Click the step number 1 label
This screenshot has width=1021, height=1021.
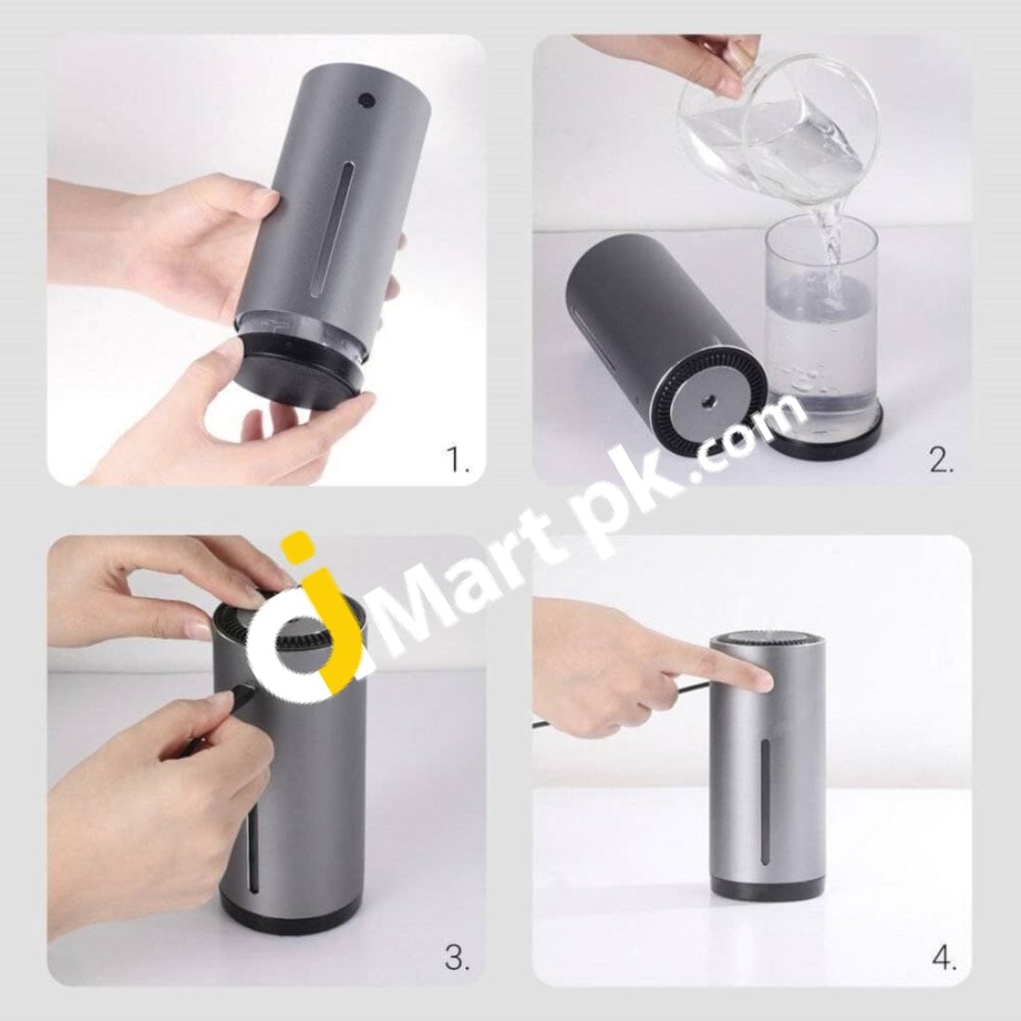pos(457,460)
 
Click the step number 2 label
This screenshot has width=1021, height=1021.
pos(941,460)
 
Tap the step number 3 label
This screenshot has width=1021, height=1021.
pos(457,958)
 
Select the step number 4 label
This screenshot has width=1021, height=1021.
pos(944,958)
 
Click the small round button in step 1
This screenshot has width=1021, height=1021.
pos(367,100)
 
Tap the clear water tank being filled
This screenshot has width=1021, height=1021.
pos(820,319)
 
